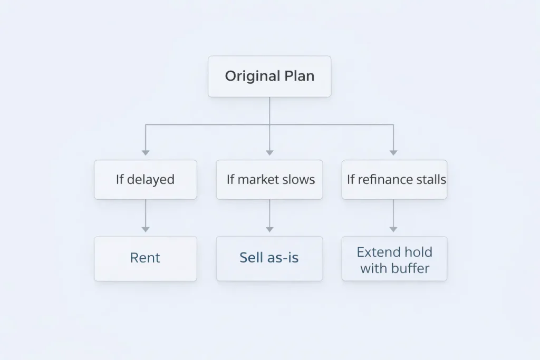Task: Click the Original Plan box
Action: pos(269,76)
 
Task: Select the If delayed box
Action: pos(146,180)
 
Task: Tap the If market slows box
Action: pos(269,180)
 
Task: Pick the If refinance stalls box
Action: pos(394,180)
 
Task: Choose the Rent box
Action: pos(146,258)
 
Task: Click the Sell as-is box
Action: pos(269,258)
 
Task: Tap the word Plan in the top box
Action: pos(299,76)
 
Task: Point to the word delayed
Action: pos(151,180)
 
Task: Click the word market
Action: pos(257,180)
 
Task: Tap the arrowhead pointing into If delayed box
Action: pos(146,153)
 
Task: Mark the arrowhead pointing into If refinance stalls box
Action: pos(393,153)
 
